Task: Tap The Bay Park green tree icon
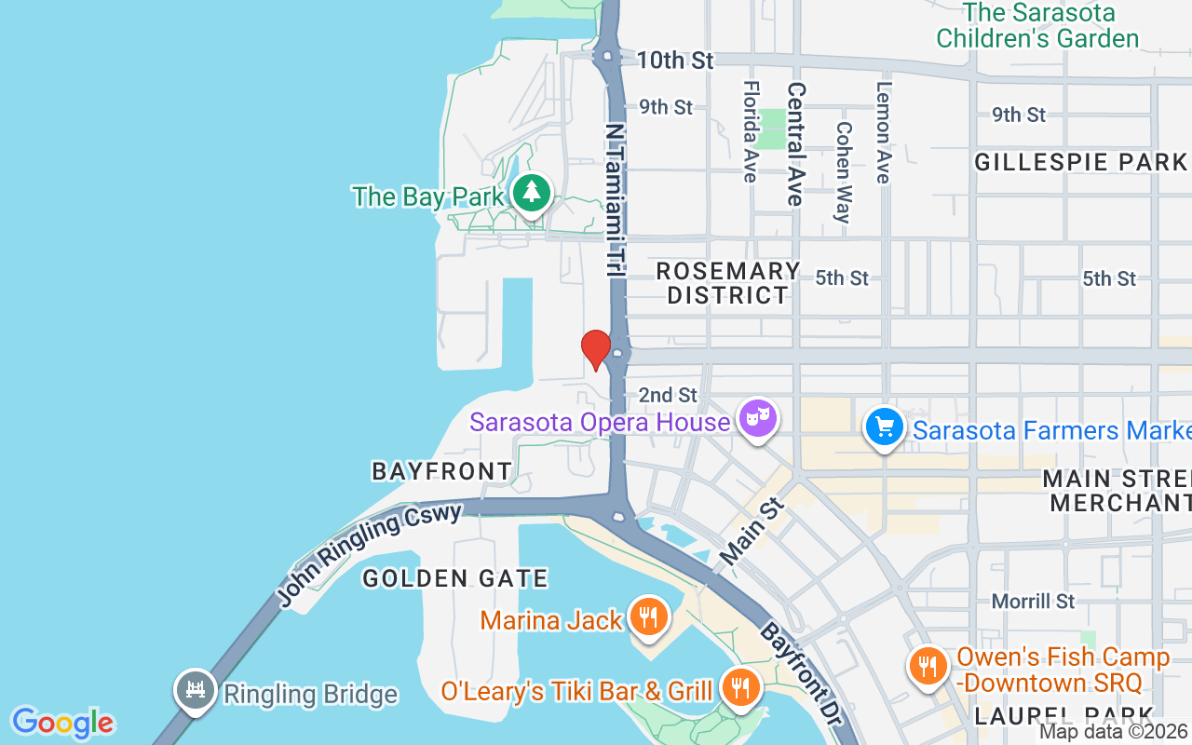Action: tap(531, 193)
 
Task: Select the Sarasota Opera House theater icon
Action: tap(756, 418)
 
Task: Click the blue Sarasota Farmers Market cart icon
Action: tap(884, 427)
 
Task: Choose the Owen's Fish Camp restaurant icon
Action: tap(927, 665)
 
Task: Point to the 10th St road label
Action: tap(675, 61)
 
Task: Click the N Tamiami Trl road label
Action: tap(615, 200)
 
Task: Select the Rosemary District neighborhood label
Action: tap(728, 283)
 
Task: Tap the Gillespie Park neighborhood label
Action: tap(1080, 162)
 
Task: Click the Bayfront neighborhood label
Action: tap(441, 471)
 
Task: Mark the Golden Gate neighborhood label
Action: tap(455, 578)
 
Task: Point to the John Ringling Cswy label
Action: tap(370, 557)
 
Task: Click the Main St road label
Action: tap(752, 531)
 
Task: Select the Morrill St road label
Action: tap(1033, 601)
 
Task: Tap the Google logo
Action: tap(62, 723)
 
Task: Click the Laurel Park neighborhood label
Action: tap(1064, 716)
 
